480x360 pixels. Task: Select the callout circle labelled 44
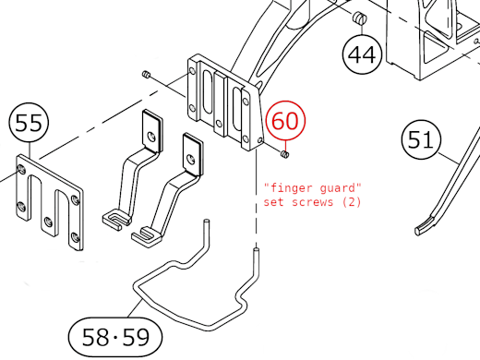point(363,54)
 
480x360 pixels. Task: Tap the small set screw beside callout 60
point(286,152)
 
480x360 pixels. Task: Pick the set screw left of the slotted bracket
point(146,74)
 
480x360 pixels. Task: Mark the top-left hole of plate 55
point(22,171)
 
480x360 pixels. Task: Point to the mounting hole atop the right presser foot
point(191,157)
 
